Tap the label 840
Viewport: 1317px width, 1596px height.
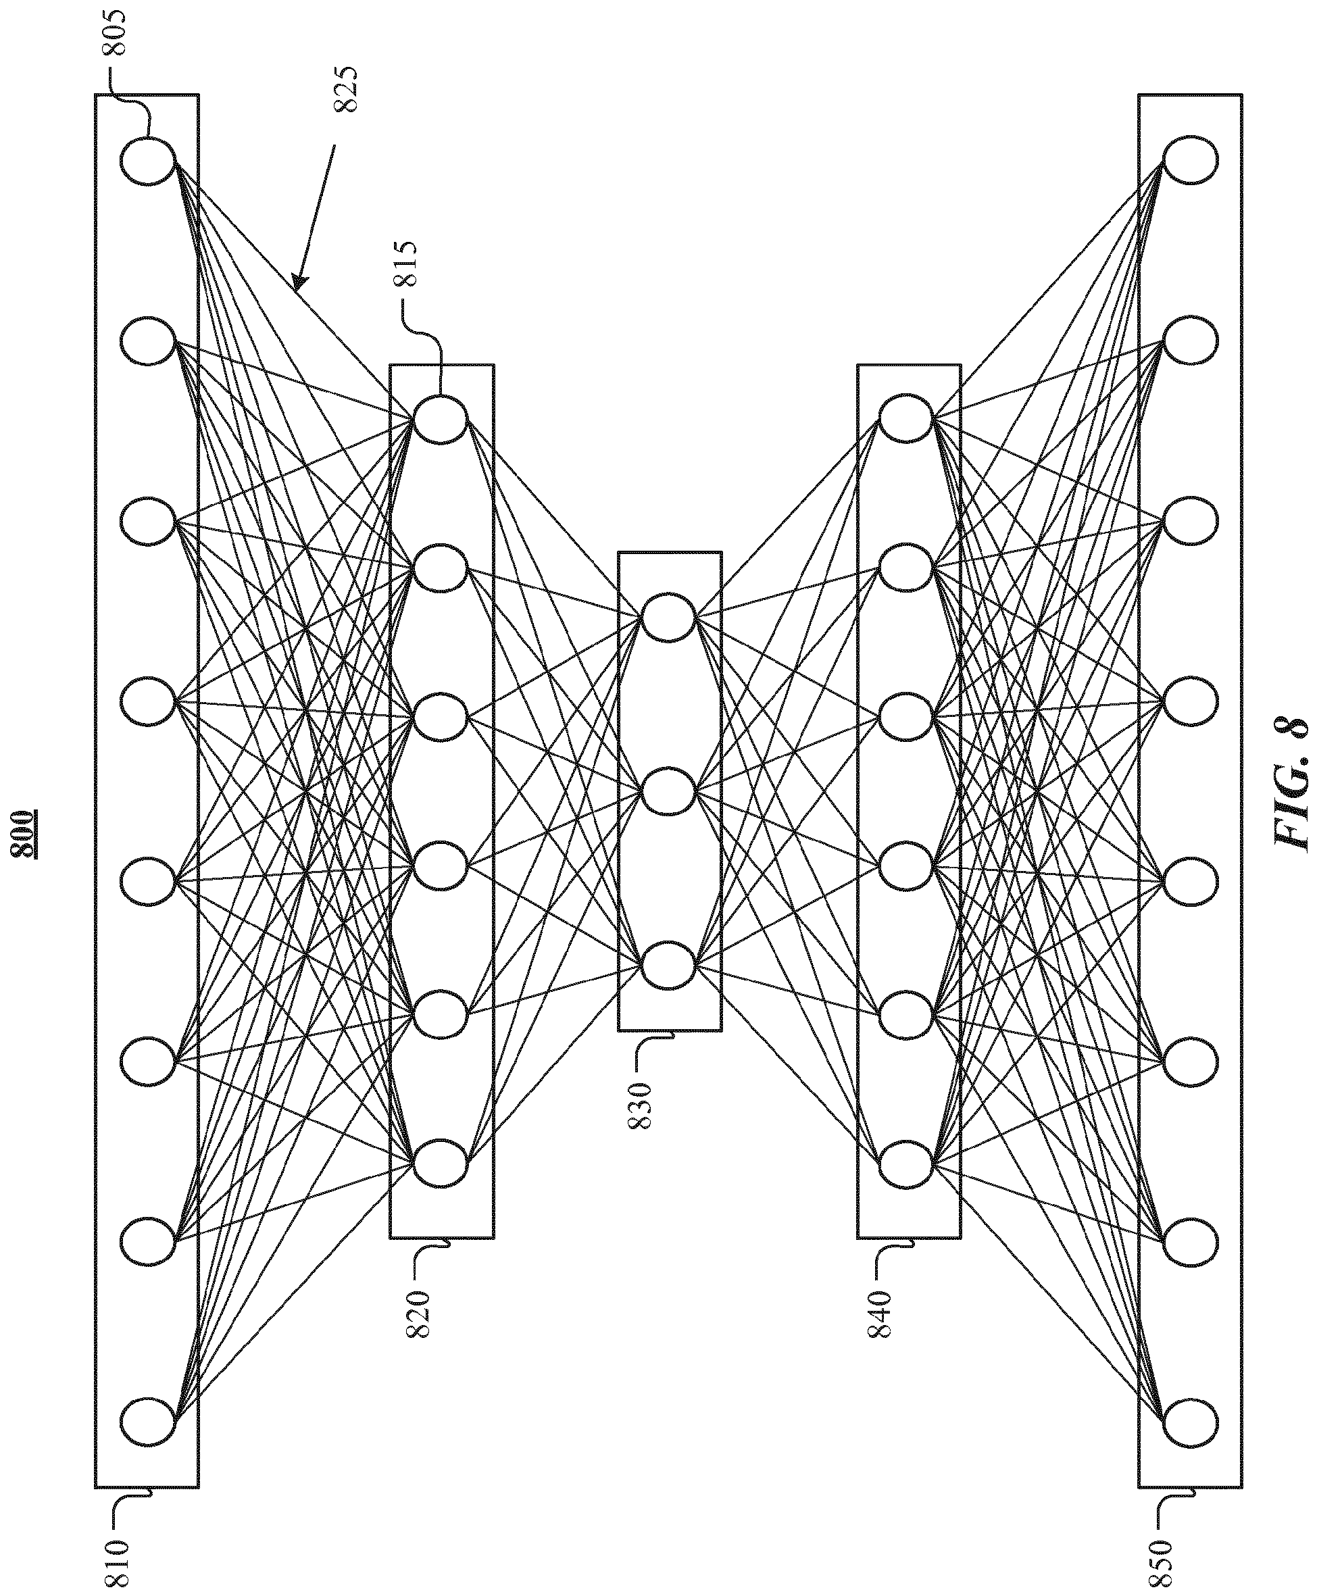883,1293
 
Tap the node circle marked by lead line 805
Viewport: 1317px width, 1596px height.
148,161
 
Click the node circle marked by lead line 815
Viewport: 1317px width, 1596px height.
440,420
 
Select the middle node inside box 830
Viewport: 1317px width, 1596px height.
668,792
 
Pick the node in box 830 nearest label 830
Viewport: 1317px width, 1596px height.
668,966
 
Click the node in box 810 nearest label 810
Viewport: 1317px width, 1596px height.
148,1416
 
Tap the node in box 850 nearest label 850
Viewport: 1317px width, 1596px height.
1191,1416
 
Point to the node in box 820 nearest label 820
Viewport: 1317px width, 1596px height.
440,1164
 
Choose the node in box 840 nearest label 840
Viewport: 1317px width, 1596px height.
907,1164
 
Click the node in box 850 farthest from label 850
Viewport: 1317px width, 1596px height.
1191,161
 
